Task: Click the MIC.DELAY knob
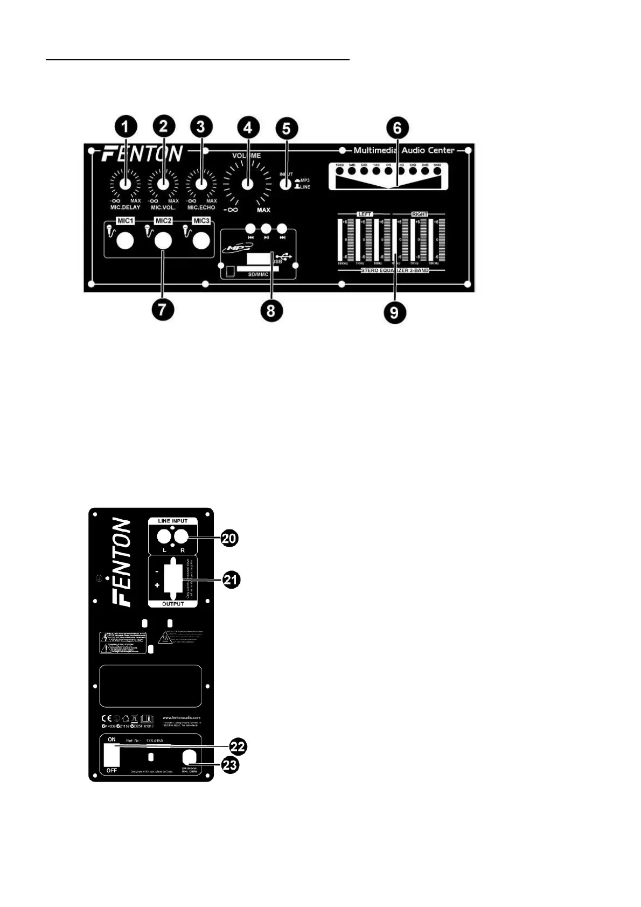[x=126, y=183]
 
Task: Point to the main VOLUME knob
[x=247, y=184]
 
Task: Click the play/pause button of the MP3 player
[x=266, y=227]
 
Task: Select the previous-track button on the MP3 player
[x=250, y=227]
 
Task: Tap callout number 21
[x=232, y=580]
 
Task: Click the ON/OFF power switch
[x=112, y=755]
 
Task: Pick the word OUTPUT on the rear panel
[x=173, y=604]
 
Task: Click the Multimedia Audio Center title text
[x=404, y=150]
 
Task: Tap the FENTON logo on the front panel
[x=143, y=154]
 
